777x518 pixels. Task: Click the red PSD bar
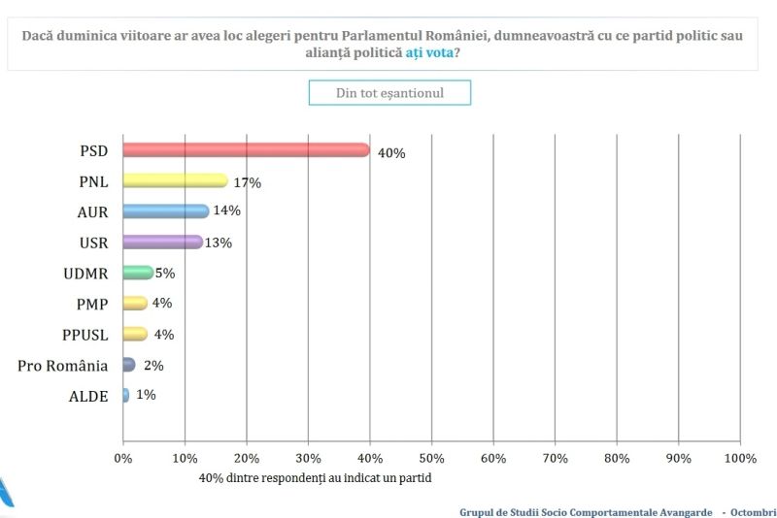point(246,149)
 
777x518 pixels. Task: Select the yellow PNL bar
point(175,180)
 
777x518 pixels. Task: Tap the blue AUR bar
point(165,211)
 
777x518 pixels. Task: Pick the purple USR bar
point(162,242)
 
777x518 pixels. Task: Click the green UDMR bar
point(138,273)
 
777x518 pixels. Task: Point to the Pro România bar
point(129,365)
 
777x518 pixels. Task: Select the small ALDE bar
point(126,395)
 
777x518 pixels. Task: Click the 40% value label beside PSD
point(391,153)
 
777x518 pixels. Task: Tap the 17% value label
point(248,182)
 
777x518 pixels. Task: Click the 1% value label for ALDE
point(146,395)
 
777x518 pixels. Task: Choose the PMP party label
point(92,304)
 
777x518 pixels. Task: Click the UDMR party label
point(86,274)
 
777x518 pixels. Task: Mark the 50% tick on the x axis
point(431,457)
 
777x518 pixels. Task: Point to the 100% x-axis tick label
point(740,457)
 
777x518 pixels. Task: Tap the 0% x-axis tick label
point(123,457)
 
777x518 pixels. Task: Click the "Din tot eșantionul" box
point(389,93)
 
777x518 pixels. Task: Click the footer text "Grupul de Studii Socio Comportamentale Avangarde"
point(586,511)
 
